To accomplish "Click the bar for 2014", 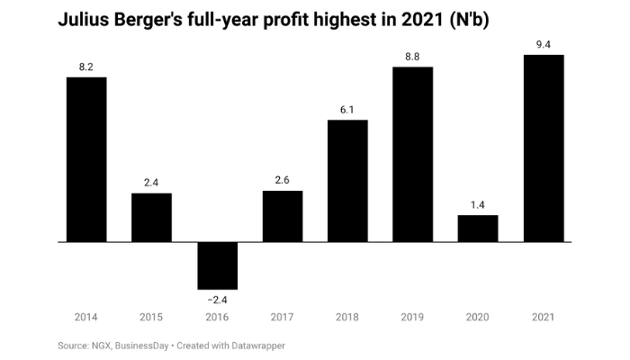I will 86,159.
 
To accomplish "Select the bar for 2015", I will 151,218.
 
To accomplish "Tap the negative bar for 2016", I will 217,265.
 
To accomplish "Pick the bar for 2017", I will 283,216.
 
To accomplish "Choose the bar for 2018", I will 347,181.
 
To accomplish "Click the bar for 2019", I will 413,154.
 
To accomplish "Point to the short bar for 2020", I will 478,229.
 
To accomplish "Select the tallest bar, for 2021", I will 544,148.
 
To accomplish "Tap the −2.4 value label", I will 217,299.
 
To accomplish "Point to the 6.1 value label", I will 347,109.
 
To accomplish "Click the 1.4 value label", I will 478,204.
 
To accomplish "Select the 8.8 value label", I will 413,56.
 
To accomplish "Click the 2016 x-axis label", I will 217,317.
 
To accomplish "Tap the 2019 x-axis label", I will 413,317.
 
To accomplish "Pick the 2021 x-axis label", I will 544,317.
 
